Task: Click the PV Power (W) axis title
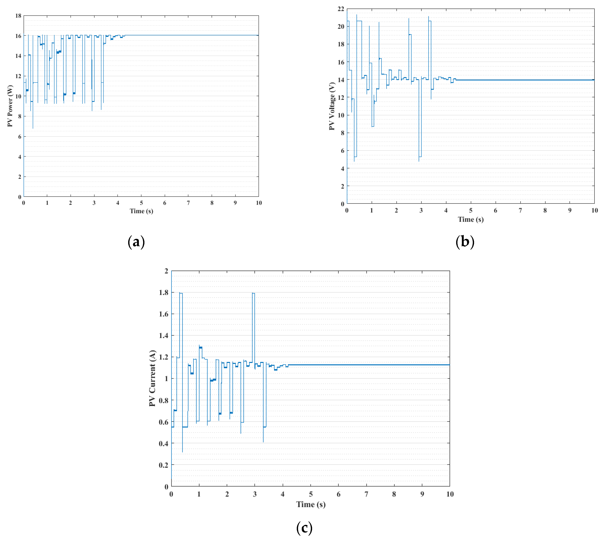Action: click(10, 106)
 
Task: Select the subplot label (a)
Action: click(136, 242)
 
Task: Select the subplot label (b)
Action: click(465, 242)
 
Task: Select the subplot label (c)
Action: click(304, 528)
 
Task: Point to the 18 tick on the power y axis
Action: click(18, 16)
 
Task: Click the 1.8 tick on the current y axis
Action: click(163, 292)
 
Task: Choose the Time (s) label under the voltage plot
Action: click(471, 219)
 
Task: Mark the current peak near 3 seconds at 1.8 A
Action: click(253, 293)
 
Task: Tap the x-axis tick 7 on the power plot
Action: click(188, 203)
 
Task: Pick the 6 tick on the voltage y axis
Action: click(342, 151)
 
